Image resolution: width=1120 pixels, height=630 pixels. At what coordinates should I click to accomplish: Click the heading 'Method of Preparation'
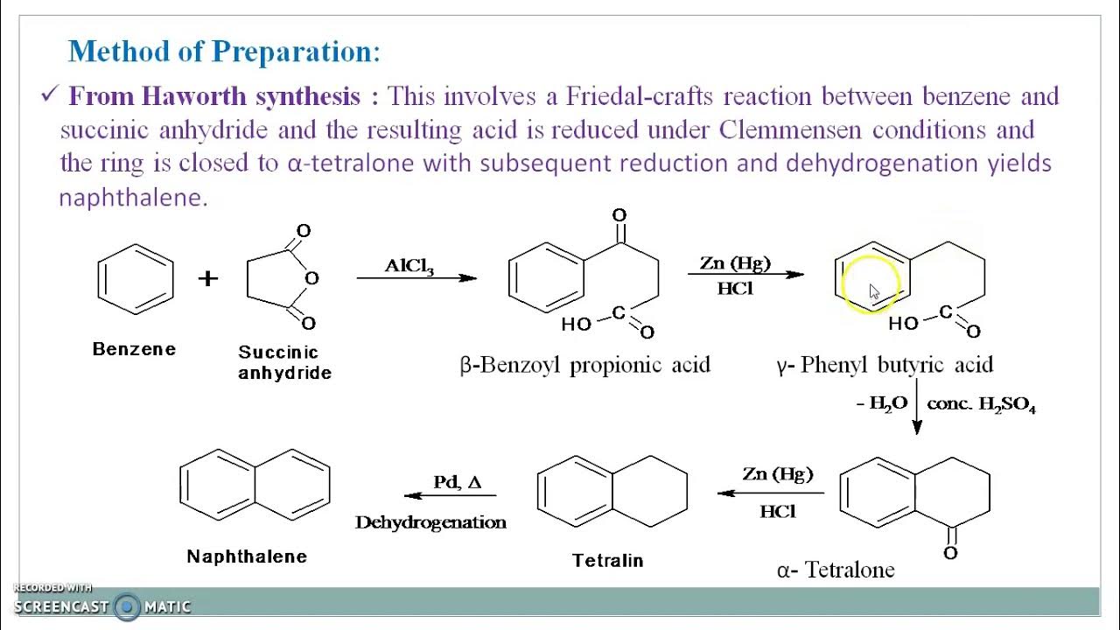click(x=223, y=52)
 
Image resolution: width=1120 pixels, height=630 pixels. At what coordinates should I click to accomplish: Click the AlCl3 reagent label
click(x=409, y=266)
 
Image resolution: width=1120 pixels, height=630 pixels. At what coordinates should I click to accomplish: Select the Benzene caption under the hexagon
click(x=134, y=349)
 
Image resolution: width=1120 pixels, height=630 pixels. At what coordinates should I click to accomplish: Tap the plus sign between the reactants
click(x=207, y=278)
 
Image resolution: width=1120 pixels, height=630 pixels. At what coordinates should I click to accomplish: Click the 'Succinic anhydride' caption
click(x=284, y=362)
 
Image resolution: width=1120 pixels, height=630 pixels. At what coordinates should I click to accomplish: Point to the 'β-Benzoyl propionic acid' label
click(x=584, y=365)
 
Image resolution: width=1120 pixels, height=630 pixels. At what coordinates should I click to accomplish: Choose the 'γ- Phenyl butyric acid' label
click(x=884, y=365)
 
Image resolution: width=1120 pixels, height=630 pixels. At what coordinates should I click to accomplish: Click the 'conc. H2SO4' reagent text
click(x=982, y=404)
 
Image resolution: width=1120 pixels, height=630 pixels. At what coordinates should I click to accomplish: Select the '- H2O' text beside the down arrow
click(x=882, y=404)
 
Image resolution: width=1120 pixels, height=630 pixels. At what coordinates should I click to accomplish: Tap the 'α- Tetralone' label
click(x=836, y=570)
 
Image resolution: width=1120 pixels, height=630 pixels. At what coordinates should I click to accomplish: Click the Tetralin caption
click(x=607, y=560)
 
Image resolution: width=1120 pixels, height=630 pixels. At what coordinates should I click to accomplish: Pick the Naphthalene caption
click(x=247, y=556)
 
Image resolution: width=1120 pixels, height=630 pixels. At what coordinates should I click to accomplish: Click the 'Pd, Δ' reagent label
click(x=457, y=482)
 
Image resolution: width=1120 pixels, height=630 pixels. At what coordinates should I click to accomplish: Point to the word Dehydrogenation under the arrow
click(x=430, y=522)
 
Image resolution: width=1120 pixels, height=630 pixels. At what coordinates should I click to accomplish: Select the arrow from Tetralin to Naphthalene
click(x=451, y=495)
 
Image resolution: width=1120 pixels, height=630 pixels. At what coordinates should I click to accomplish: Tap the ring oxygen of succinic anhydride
click(x=312, y=278)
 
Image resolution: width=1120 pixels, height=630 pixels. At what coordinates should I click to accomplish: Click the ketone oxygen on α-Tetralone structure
click(x=951, y=553)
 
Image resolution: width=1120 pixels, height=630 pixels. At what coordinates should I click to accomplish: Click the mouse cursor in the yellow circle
click(x=874, y=292)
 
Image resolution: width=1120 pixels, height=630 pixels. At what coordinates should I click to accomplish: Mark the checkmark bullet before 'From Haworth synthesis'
click(x=48, y=95)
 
